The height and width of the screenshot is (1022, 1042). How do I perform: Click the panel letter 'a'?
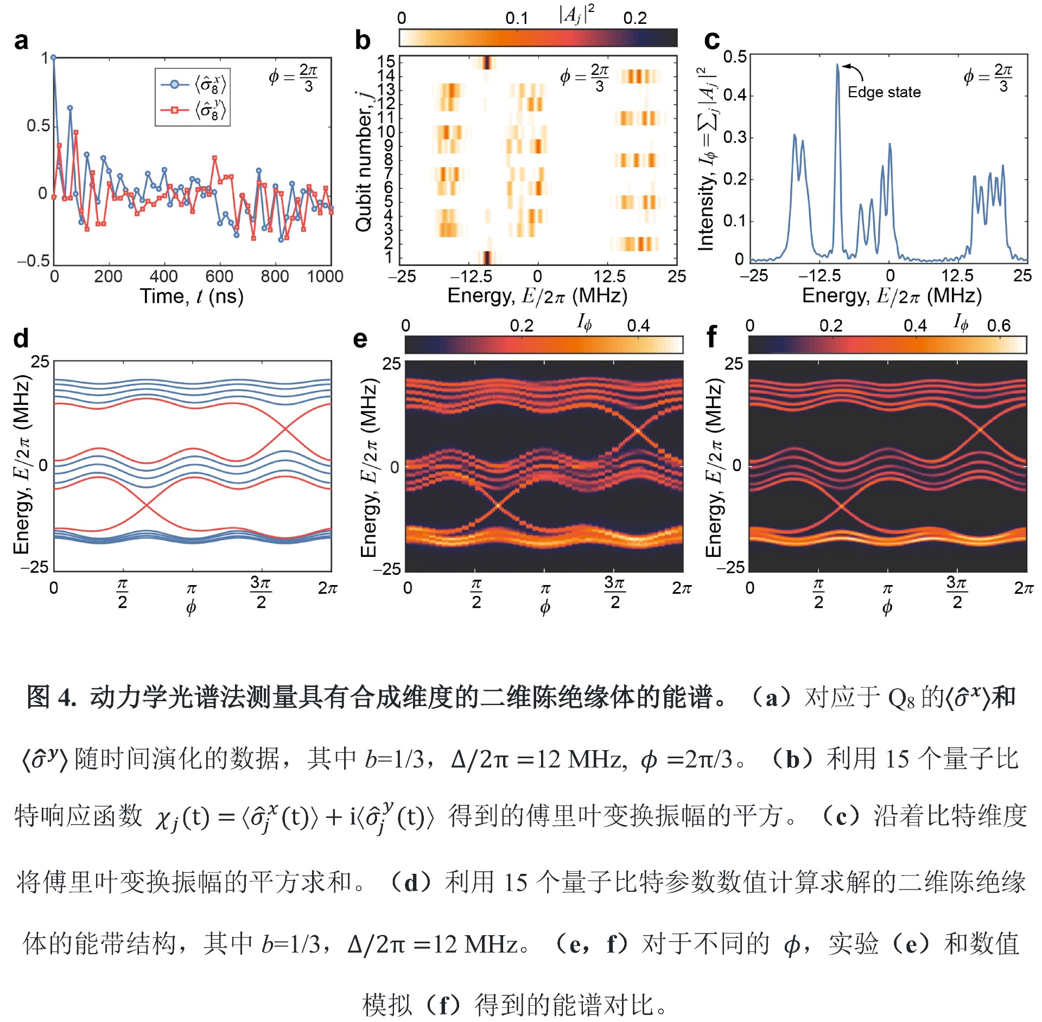21,41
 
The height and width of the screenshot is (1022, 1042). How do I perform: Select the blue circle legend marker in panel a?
174,84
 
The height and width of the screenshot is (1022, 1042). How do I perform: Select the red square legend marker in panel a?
174,110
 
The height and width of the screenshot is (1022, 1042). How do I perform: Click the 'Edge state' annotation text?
884,92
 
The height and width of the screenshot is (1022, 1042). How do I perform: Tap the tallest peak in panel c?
837,65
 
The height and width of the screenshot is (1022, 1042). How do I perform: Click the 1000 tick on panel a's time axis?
325,277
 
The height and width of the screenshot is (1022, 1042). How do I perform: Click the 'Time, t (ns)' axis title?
192,296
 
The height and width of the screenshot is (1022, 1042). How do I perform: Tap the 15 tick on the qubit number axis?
386,61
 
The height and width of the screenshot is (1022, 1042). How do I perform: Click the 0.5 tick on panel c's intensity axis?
735,56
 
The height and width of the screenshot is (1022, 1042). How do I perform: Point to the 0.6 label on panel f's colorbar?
999,326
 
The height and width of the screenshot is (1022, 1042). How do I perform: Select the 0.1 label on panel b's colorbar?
517,18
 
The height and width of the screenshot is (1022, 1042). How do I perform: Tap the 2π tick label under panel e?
682,588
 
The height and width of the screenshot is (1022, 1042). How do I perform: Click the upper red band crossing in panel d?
286,429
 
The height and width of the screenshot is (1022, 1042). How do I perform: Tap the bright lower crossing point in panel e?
498,505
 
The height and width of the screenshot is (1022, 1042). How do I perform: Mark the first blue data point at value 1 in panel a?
53,57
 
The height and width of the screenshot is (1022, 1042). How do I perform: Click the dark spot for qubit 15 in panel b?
487,62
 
